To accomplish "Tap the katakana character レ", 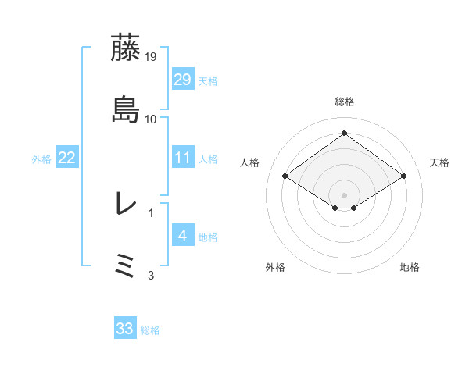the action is [x=125, y=204].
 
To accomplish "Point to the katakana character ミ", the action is [x=125, y=266].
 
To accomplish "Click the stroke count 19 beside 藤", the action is [x=152, y=56].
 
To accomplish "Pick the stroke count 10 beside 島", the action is [x=152, y=119].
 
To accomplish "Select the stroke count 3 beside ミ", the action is [x=152, y=275].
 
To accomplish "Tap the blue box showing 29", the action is [x=182, y=80].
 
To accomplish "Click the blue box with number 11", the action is [x=182, y=158].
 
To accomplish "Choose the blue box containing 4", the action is [x=182, y=235].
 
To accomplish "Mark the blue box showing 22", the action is [x=66, y=158].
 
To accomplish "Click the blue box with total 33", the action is [x=125, y=329].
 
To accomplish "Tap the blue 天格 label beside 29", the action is [x=207, y=81].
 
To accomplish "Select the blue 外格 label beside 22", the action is [x=41, y=159].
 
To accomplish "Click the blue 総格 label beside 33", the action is [x=150, y=330].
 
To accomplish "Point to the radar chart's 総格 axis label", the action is [x=344, y=102].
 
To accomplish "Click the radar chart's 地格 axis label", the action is [x=410, y=267].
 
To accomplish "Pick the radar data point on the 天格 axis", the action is [x=404, y=176].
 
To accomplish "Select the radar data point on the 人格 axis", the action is [x=285, y=176].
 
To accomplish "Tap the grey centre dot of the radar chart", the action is [x=344, y=194].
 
